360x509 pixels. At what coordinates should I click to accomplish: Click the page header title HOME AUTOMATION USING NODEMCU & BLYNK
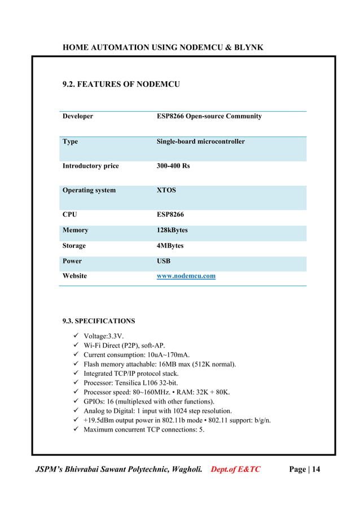[163, 47]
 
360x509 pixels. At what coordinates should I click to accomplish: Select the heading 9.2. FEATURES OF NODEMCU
[121, 85]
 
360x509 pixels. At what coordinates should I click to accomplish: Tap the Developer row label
[78, 116]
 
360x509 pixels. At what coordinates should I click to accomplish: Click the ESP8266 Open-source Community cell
[209, 116]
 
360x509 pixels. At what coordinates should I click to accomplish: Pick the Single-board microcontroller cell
[200, 142]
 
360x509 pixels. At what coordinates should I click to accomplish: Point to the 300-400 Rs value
[173, 166]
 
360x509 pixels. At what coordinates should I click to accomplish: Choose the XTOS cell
[166, 191]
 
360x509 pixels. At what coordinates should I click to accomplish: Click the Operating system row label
[89, 191]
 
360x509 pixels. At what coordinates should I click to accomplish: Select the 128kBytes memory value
[172, 230]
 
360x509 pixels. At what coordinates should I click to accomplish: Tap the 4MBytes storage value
[170, 246]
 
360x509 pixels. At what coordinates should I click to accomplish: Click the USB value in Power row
[164, 261]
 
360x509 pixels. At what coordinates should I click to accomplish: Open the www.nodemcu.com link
[186, 277]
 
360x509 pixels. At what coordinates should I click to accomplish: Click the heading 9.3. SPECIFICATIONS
[99, 321]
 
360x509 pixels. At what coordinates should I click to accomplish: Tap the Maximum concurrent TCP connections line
[143, 429]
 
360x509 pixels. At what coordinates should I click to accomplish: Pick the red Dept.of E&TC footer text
[235, 469]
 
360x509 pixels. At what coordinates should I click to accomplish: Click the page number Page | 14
[304, 469]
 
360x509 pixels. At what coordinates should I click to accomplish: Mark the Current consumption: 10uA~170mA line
[137, 355]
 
